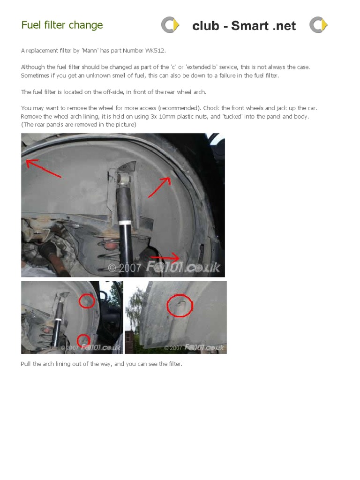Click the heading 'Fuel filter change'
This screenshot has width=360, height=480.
click(62, 25)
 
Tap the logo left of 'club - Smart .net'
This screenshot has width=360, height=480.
click(170, 25)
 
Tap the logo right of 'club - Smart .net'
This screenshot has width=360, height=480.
click(318, 25)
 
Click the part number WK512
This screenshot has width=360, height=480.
click(157, 50)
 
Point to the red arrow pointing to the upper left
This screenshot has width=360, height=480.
click(43, 168)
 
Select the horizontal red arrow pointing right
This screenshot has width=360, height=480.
click(165, 257)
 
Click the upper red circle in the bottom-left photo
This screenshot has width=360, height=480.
click(86, 300)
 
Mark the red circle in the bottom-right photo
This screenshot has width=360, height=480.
click(180, 306)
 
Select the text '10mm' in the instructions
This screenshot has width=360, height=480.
click(141, 116)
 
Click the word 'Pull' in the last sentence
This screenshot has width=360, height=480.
click(26, 364)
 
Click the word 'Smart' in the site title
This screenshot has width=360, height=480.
click(250, 26)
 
